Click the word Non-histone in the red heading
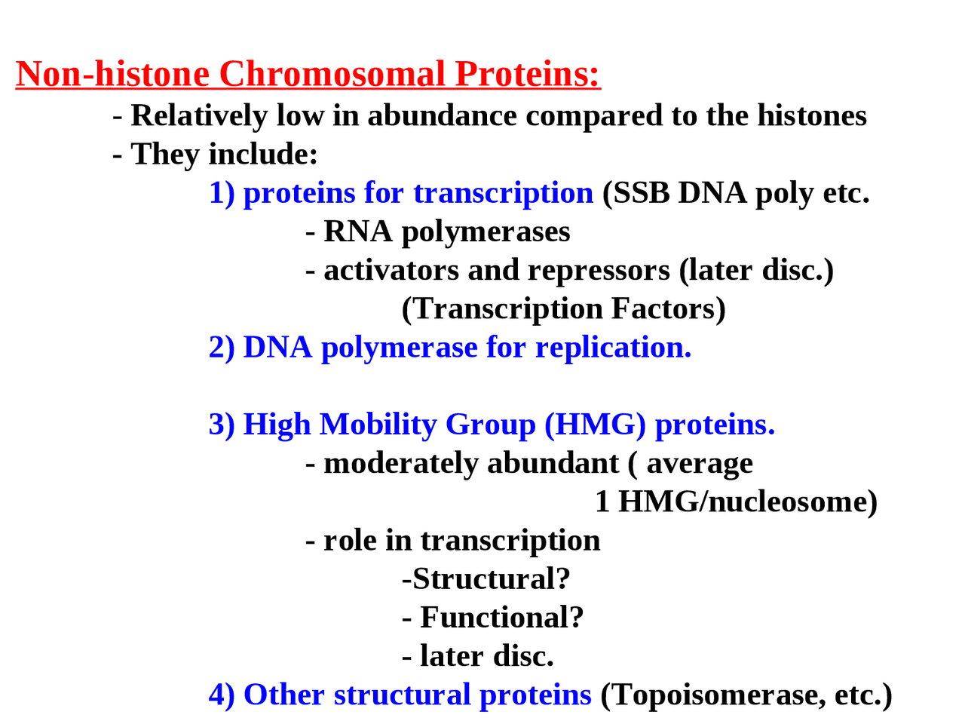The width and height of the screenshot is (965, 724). (112, 74)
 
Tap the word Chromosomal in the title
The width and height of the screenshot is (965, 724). (332, 74)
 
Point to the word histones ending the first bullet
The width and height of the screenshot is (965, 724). (811, 115)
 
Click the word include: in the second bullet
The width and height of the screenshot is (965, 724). (263, 154)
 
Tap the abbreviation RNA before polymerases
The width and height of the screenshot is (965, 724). (358, 232)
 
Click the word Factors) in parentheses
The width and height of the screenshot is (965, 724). (668, 308)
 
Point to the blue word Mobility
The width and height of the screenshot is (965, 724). (378, 425)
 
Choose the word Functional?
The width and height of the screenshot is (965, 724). (501, 618)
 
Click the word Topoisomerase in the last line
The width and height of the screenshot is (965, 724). (717, 695)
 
